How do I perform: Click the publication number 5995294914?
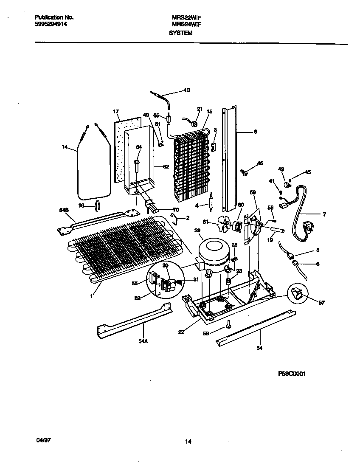tap(51, 24)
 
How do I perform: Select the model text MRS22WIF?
tap(186, 17)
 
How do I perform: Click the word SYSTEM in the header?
tap(181, 33)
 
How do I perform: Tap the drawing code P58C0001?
tap(292, 374)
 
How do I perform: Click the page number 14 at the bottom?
tap(188, 442)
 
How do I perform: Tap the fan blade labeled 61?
tap(225, 224)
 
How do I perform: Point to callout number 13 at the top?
tap(187, 90)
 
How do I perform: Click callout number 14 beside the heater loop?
tap(65, 147)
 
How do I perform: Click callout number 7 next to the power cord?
tap(324, 215)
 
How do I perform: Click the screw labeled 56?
tap(229, 324)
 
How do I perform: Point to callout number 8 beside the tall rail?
tap(255, 132)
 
